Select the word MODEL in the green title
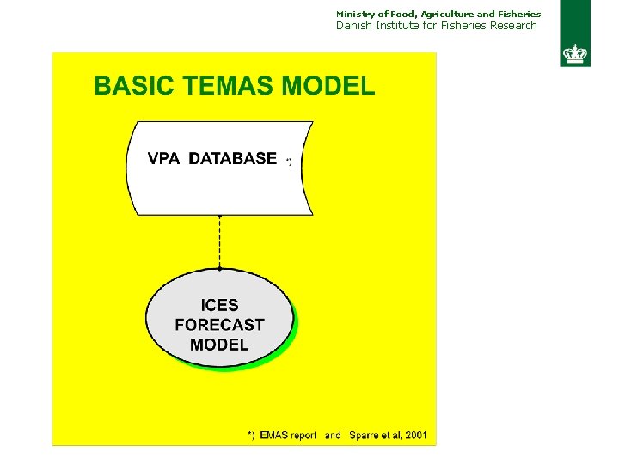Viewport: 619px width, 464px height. point(328,86)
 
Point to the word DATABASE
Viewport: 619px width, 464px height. point(233,158)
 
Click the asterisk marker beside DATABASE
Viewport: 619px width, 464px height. point(289,161)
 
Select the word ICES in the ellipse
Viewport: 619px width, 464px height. point(219,305)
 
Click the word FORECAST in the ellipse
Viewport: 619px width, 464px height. point(219,325)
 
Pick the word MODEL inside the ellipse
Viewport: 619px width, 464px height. point(219,345)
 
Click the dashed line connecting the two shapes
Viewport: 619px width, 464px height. point(219,241)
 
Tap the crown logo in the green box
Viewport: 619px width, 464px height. point(574,53)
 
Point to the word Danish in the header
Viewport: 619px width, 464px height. point(354,26)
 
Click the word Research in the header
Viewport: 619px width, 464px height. point(513,26)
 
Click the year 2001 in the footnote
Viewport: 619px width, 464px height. point(415,436)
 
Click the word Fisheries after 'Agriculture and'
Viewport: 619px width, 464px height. point(519,14)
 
